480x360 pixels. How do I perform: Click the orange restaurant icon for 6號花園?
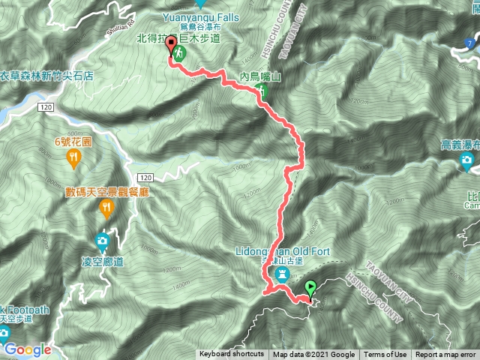pos(73,157)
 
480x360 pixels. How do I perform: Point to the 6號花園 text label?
pos(73,141)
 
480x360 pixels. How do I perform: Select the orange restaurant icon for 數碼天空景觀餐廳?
pos(106,208)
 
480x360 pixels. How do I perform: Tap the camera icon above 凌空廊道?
pos(101,241)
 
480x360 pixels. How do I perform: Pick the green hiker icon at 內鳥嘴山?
pos(261,91)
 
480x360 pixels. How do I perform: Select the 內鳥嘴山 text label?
pos(260,76)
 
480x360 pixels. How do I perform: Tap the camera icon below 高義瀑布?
pos(467,160)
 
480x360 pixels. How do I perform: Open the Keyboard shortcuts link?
pos(232,355)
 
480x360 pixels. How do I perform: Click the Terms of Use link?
pos(385,355)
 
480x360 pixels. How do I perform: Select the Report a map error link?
pos(446,355)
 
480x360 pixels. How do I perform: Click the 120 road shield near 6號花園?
pos(46,109)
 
